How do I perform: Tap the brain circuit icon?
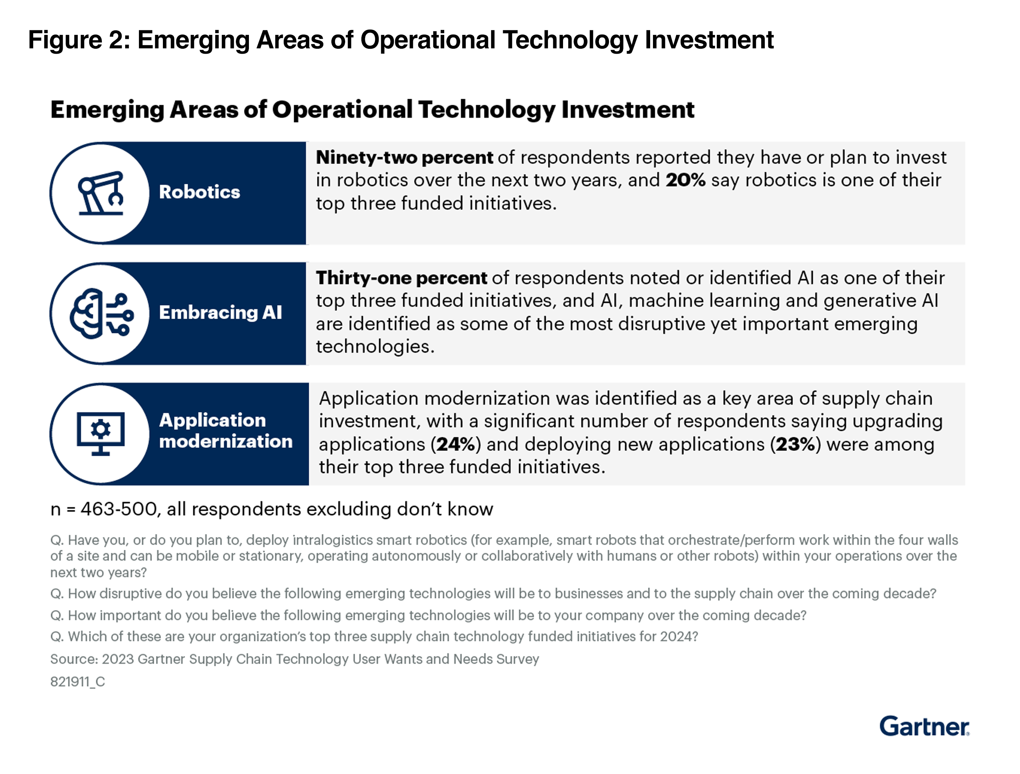coord(102,314)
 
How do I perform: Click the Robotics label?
coord(199,192)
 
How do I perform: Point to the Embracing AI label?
coord(220,312)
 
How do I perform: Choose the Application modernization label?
coord(226,431)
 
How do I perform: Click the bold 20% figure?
coord(685,180)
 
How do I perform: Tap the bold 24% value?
coord(456,444)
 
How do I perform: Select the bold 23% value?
coord(795,444)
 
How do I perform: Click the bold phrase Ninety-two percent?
coord(404,157)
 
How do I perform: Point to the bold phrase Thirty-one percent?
coord(401,278)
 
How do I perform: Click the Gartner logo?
coord(924,726)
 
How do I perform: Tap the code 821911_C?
coord(78,682)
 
